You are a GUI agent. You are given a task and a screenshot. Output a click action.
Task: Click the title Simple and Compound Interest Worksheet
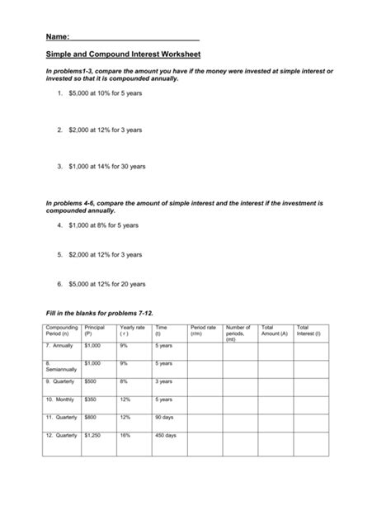pyautogui.click(x=123, y=55)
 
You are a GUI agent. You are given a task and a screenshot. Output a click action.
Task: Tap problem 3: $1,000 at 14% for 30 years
pyautogui.click(x=107, y=166)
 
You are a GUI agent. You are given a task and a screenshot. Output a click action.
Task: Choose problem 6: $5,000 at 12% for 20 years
pyautogui.click(x=107, y=284)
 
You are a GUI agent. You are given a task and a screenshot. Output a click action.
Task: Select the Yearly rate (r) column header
pyautogui.click(x=132, y=331)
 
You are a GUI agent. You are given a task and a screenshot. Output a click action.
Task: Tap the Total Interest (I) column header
pyautogui.click(x=309, y=331)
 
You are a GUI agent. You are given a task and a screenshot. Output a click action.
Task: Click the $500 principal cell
pyautogui.click(x=91, y=381)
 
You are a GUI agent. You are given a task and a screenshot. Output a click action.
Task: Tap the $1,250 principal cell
pyautogui.click(x=92, y=434)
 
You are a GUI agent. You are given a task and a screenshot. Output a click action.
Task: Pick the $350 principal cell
pyautogui.click(x=91, y=399)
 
